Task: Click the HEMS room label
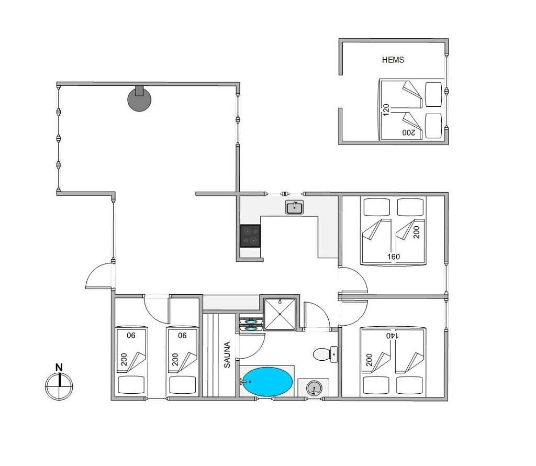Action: [393, 60]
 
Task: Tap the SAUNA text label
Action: [227, 354]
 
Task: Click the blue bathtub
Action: [267, 382]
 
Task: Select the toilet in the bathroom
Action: [325, 354]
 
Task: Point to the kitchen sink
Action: [294, 207]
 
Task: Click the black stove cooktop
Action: [250, 236]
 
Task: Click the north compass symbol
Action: [59, 386]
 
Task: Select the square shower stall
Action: [280, 314]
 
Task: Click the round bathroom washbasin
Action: [314, 389]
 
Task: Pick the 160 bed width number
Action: [394, 257]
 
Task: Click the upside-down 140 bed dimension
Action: [393, 336]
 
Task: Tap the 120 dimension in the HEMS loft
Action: [386, 110]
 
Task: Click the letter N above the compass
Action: [59, 368]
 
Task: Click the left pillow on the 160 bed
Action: [377, 207]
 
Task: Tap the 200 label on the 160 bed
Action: [416, 232]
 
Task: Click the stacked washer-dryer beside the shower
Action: [251, 324]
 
